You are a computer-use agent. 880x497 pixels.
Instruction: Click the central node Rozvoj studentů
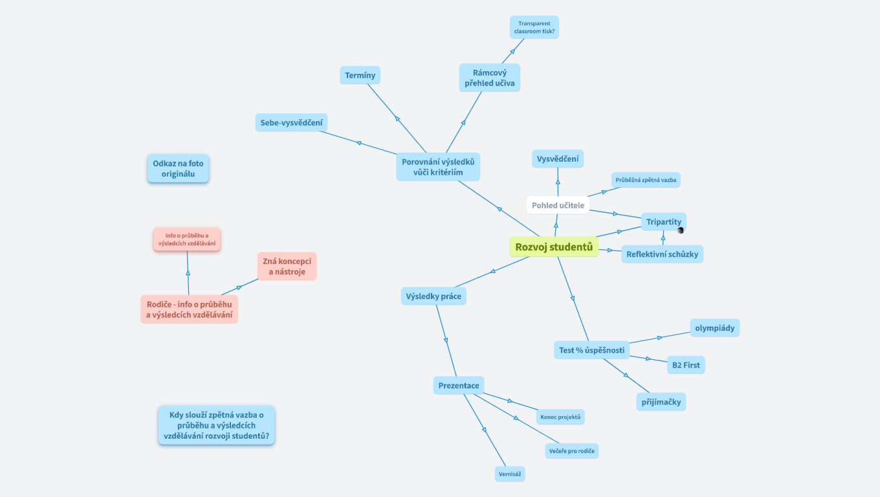click(x=554, y=247)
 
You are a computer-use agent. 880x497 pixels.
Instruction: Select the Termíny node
click(x=360, y=75)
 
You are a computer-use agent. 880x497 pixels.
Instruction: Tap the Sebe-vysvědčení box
click(x=291, y=122)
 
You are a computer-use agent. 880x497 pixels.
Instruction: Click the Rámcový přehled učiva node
click(x=489, y=78)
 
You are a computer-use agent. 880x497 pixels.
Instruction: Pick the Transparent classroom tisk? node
click(x=534, y=27)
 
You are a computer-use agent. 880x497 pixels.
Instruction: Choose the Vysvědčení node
click(x=558, y=159)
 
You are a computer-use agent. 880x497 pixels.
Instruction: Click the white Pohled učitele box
click(x=558, y=205)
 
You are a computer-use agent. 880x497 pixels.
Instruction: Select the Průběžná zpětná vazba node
click(x=646, y=179)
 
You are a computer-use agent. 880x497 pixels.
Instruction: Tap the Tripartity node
click(x=663, y=221)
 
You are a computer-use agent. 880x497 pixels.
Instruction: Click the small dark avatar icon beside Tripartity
click(x=681, y=230)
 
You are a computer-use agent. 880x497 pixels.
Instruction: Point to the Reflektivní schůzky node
click(x=662, y=254)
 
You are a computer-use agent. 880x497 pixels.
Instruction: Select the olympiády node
click(x=714, y=327)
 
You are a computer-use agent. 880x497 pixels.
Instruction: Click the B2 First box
click(x=685, y=365)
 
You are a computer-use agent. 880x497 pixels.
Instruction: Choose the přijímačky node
click(x=661, y=401)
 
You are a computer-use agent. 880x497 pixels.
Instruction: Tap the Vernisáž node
click(x=510, y=474)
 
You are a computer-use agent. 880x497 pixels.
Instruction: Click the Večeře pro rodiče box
click(x=571, y=450)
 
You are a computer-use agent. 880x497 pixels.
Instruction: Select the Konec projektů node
click(x=560, y=417)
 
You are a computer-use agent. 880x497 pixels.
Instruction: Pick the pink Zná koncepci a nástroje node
click(x=287, y=266)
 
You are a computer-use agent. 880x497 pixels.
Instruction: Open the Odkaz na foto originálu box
click(x=178, y=168)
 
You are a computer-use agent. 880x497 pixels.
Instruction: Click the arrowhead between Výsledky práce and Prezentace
click(x=446, y=340)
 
